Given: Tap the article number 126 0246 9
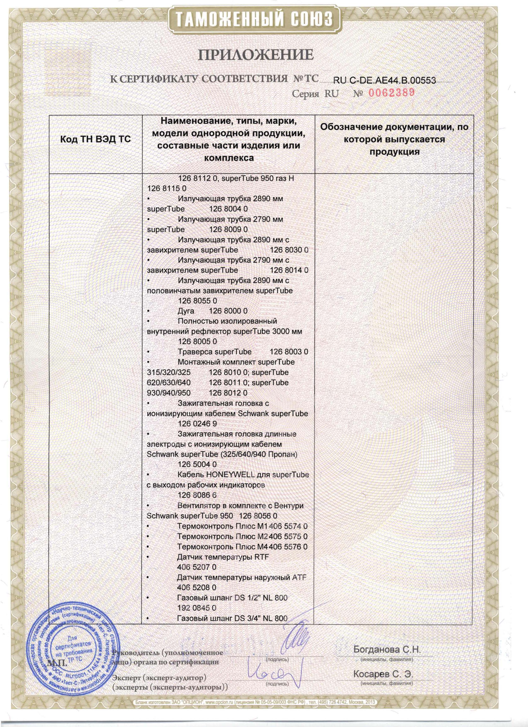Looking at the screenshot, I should (197, 424).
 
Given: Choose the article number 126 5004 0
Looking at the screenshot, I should (197, 465).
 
